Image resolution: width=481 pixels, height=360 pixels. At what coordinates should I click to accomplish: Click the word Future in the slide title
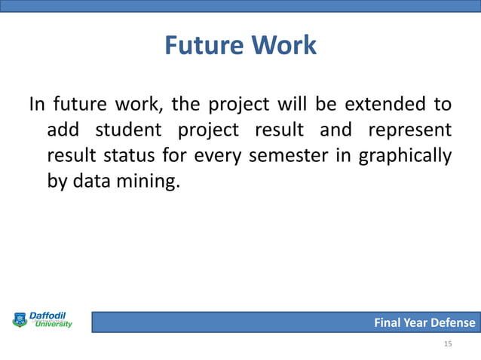201,45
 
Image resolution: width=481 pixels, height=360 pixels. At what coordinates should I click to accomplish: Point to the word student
128,130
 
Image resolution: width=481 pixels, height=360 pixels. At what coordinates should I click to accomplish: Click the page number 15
448,343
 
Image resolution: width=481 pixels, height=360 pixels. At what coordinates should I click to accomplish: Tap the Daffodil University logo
43,321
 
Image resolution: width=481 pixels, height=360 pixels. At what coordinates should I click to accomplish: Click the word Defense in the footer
452,323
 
